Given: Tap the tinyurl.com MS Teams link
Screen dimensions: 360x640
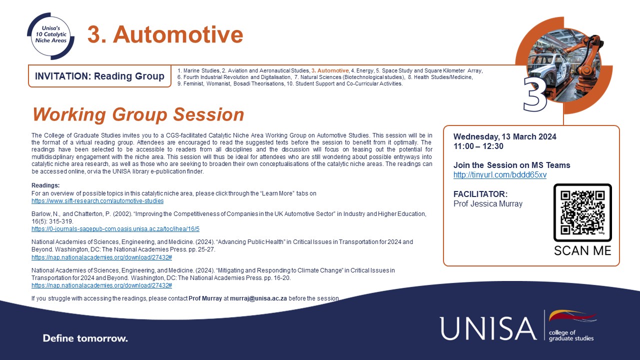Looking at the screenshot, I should (x=500, y=175).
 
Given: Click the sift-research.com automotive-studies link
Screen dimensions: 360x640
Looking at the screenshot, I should (x=97, y=201).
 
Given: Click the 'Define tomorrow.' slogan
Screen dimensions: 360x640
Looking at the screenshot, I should (x=85, y=338).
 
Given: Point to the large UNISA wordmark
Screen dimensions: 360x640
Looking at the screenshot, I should (x=488, y=328).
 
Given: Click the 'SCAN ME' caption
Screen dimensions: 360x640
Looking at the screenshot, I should (x=582, y=250).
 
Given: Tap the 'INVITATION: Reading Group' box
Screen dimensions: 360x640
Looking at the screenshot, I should (x=99, y=76).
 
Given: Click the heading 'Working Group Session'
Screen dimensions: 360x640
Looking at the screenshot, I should (x=138, y=114).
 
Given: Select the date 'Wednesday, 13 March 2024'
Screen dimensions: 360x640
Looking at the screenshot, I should (x=505, y=136).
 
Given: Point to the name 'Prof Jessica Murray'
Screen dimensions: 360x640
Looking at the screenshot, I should (x=487, y=203).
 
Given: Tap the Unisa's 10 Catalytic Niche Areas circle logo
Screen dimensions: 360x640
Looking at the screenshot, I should (x=51, y=36).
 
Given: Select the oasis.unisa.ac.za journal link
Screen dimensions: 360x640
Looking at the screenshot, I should (x=115, y=229).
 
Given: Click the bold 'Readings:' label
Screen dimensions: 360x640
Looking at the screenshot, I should (x=45, y=185).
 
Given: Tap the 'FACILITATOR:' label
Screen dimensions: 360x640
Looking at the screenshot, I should (x=480, y=193).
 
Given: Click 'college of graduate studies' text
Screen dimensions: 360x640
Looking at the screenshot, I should (x=571, y=335).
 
